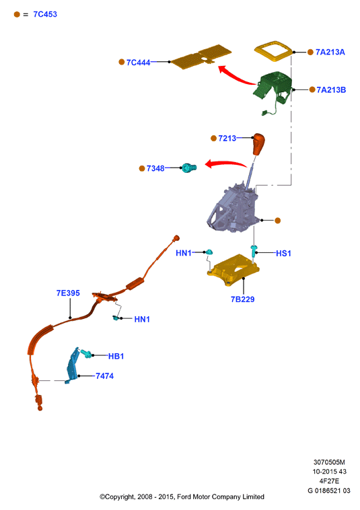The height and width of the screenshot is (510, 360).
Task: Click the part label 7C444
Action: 138,62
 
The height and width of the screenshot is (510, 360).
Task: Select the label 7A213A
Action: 330,52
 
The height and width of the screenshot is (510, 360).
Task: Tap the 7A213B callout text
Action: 331,89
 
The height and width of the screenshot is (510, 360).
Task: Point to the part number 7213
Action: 227,138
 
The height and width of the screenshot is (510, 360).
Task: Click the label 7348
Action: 155,168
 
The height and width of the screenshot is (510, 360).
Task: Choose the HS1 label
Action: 283,253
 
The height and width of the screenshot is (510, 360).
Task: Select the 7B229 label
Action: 243,299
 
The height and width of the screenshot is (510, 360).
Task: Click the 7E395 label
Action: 68,293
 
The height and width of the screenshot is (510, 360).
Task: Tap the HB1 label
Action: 116,356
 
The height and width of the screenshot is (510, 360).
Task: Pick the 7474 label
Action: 104,376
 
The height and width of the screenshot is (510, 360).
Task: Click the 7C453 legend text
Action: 45,14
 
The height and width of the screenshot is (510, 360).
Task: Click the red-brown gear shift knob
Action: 259,144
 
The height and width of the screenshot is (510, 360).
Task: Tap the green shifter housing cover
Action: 273,88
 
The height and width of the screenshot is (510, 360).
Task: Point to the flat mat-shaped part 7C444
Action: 201,57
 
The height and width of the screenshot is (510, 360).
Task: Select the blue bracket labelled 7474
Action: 73,365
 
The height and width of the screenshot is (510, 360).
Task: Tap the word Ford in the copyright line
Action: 184,497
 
